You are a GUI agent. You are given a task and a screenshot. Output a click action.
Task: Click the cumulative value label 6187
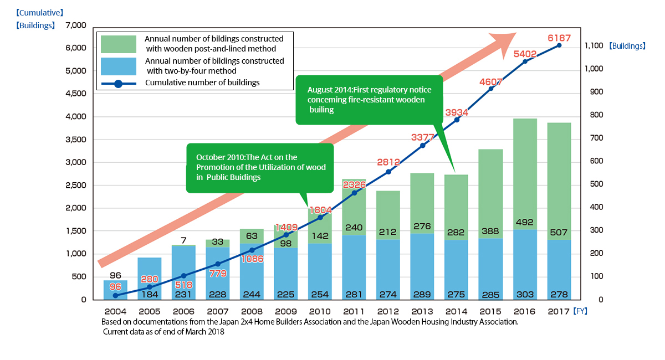[559, 38]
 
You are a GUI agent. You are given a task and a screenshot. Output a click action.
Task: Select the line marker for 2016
[525, 61]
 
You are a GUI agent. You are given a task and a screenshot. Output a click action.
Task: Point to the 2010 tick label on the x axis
[320, 311]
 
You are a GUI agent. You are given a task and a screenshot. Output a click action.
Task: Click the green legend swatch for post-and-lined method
[119, 44]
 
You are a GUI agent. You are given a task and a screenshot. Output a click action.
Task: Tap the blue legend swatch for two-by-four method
[119, 66]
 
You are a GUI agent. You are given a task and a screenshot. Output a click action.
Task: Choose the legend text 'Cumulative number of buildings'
[202, 83]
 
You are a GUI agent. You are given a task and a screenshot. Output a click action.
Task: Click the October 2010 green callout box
[259, 167]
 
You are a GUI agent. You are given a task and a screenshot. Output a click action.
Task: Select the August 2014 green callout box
[369, 100]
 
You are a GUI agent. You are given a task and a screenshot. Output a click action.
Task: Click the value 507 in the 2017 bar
[559, 233]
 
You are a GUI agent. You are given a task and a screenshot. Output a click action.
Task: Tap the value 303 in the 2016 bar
[525, 293]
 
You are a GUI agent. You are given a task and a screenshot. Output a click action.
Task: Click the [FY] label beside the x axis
[580, 311]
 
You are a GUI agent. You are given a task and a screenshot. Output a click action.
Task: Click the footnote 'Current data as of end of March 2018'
[163, 332]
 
